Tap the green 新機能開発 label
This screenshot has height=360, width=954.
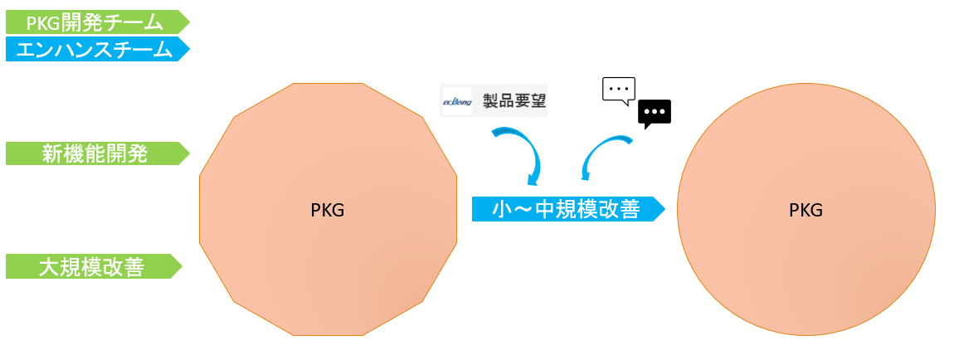point(95,153)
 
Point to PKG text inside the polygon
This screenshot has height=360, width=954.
point(328,210)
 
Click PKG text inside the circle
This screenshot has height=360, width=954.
point(806,210)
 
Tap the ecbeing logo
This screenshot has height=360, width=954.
point(457,101)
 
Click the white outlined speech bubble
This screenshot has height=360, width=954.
point(618,90)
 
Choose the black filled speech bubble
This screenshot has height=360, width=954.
point(655,112)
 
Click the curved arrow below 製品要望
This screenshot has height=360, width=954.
point(519,152)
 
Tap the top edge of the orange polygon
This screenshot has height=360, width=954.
point(328,84)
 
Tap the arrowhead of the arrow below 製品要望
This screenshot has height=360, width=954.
point(533,179)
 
